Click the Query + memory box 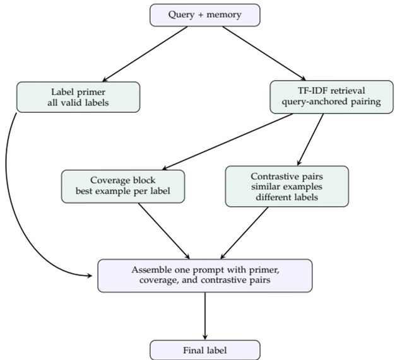[204, 15]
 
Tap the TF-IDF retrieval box [325, 96]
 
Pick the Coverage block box [123, 186]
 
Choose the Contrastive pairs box [286, 186]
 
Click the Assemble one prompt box [204, 275]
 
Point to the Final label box [204, 350]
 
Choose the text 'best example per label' [123, 192]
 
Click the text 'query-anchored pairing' [325, 103]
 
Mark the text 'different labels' [286, 197]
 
